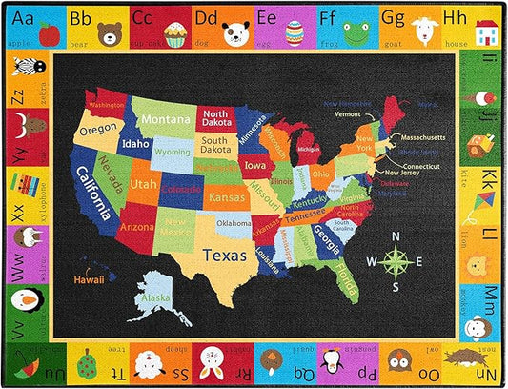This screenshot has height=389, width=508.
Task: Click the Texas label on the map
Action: click(228, 256)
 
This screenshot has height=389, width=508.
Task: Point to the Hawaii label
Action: click(91, 281)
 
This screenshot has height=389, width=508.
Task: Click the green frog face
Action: click(356, 33)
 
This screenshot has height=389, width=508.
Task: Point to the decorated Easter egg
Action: click(295, 34)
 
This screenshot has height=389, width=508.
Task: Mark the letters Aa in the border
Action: click(24, 16)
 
